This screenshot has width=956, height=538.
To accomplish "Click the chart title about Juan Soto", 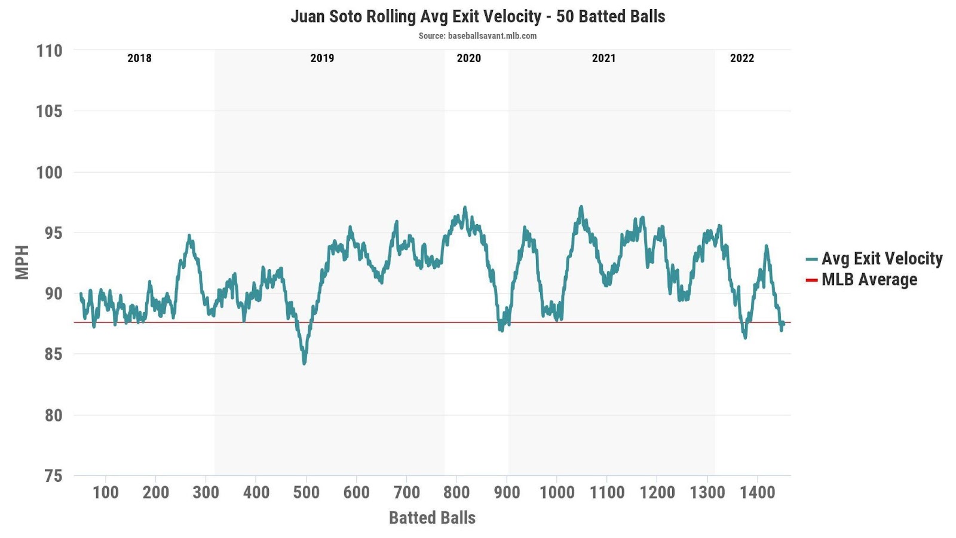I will click(477, 16).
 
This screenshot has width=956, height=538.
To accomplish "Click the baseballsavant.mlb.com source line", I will click(477, 36).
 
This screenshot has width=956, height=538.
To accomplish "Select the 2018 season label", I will click(139, 58).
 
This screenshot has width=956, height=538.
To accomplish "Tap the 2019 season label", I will click(322, 58).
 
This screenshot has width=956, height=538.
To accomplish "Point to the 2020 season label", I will click(468, 58).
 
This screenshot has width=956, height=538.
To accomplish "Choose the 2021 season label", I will click(603, 58).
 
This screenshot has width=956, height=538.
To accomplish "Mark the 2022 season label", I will click(742, 58).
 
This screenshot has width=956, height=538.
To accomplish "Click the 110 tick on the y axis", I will click(49, 51).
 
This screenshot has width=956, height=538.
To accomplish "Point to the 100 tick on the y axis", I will click(49, 172).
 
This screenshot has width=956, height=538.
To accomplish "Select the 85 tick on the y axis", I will click(53, 354).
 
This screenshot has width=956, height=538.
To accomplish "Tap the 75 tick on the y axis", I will click(53, 476).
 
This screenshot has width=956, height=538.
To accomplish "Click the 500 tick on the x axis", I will click(306, 493).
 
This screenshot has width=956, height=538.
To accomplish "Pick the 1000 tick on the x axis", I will click(557, 493).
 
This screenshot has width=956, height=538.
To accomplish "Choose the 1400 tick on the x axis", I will click(758, 493).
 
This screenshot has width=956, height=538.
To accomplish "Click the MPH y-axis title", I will click(22, 262).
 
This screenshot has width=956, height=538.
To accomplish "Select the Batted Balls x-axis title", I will click(432, 518).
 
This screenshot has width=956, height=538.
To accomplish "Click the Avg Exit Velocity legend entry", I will click(874, 258).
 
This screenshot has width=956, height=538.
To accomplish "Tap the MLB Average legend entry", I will click(862, 279).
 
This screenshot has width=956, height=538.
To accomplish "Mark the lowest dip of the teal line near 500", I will click(304, 363).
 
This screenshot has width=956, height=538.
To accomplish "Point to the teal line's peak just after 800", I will click(464, 208).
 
